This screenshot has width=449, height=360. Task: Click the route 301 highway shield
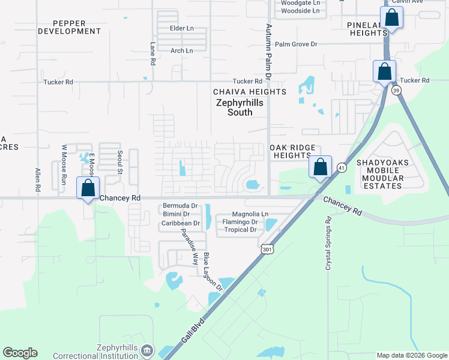[268, 248]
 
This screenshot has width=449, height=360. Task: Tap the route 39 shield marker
[396, 90]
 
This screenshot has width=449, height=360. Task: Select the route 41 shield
[340, 167]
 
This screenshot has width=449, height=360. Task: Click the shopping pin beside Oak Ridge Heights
[320, 166]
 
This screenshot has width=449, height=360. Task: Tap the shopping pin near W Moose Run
[88, 188]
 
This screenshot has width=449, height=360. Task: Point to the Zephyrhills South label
[239, 107]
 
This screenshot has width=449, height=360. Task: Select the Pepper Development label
[69, 27]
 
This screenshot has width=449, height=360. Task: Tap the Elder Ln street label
[182, 28]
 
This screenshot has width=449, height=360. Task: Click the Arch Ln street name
[181, 51]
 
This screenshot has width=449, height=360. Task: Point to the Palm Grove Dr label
[295, 44]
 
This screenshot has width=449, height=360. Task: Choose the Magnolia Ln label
[250, 214]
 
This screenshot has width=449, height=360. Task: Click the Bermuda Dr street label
[180, 206]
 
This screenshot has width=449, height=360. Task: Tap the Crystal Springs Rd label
[328, 244]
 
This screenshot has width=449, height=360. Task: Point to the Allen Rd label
[38, 179]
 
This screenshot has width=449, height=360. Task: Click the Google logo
[20, 353]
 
